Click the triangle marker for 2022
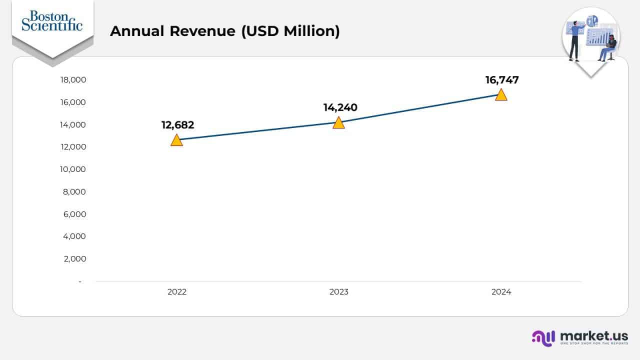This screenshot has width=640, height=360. tap(176, 140)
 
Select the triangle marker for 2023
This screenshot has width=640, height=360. tap(338, 123)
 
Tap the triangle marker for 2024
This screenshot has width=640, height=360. tap(501, 95)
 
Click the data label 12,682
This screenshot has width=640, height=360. tap(177, 125)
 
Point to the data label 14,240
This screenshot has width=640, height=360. tap(340, 107)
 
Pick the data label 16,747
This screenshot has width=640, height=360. tap(502, 80)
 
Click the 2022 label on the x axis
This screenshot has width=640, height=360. tap(177, 292)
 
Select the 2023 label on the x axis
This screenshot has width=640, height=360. tap(339, 292)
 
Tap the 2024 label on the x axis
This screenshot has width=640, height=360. tap(501, 292)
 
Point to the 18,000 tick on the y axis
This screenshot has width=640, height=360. tap(73, 80)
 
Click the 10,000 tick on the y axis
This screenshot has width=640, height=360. tap(73, 169)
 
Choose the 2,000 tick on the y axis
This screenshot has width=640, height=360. tap(74, 259)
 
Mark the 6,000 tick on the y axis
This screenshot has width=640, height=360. tap(74, 214)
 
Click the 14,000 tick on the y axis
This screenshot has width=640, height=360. tap(73, 124)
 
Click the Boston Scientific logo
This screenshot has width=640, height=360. tap(52, 21)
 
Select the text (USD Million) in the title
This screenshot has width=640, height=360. tap(290, 31)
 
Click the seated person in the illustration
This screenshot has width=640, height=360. tap(609, 49)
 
